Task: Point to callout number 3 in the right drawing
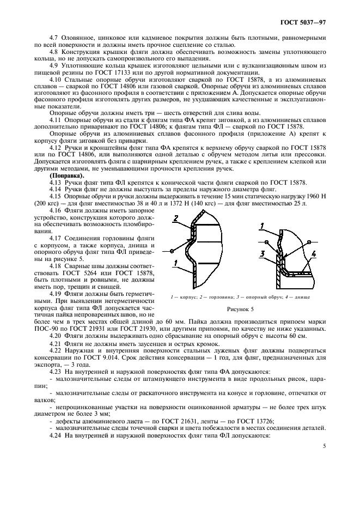[x=263, y=253]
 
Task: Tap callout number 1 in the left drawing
[x=175, y=263]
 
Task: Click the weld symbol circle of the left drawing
[x=172, y=251]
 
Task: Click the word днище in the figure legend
[x=302, y=297]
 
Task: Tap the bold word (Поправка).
[x=65, y=176]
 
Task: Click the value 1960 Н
[x=315, y=196]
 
